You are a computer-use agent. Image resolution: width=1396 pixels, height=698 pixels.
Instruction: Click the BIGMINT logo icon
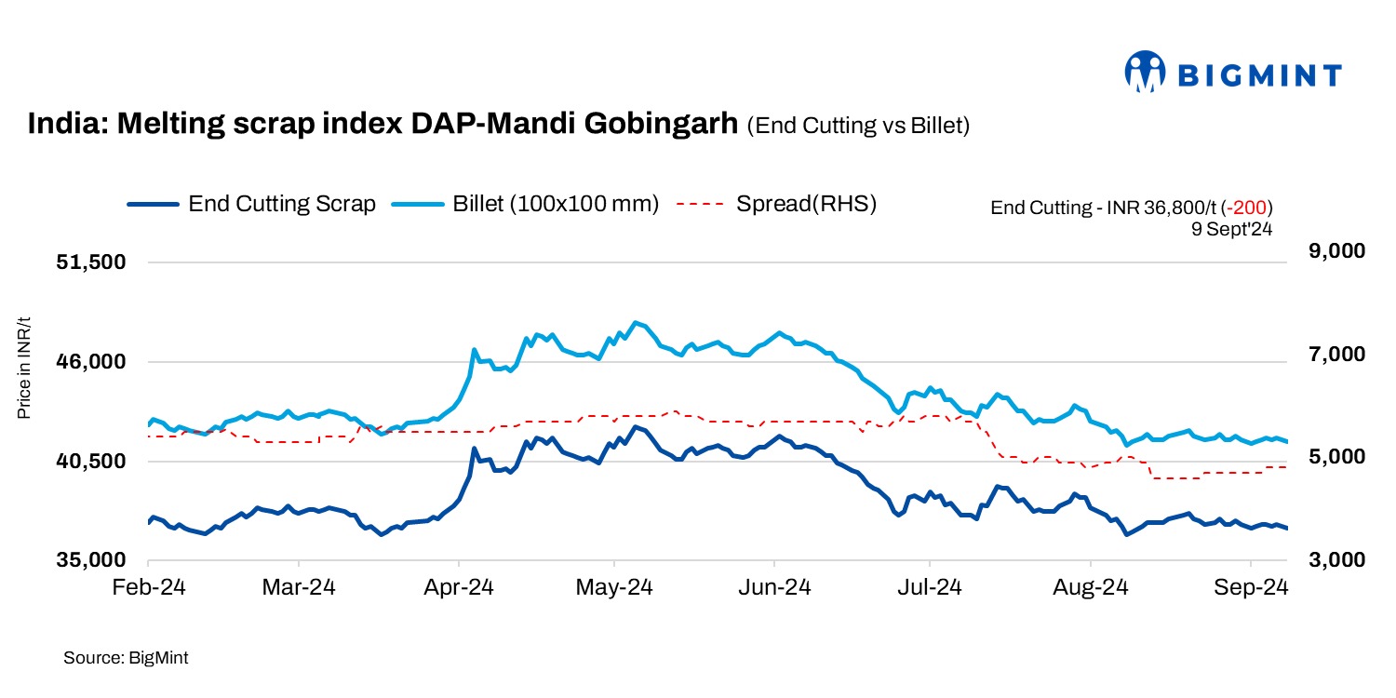(1145, 72)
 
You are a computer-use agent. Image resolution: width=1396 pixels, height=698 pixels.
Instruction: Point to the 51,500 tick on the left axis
(90, 262)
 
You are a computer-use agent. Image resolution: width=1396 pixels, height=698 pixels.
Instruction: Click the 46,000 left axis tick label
(90, 362)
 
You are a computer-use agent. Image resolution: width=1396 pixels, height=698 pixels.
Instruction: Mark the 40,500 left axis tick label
(90, 462)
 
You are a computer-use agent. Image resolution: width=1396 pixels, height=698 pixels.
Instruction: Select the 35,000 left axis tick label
(90, 561)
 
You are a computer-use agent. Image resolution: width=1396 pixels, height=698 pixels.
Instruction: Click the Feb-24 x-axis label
(149, 588)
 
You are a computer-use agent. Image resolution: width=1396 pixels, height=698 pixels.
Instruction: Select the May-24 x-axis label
(613, 588)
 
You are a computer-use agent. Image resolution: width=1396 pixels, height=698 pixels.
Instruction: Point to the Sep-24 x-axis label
(1252, 588)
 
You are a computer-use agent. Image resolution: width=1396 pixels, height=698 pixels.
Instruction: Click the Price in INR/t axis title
(25, 367)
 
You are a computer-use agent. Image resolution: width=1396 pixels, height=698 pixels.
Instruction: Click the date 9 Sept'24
(1231, 227)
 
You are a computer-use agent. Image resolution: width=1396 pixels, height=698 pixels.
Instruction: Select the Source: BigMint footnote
(126, 658)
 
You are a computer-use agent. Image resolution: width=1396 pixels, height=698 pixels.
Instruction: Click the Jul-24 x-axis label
(929, 588)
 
